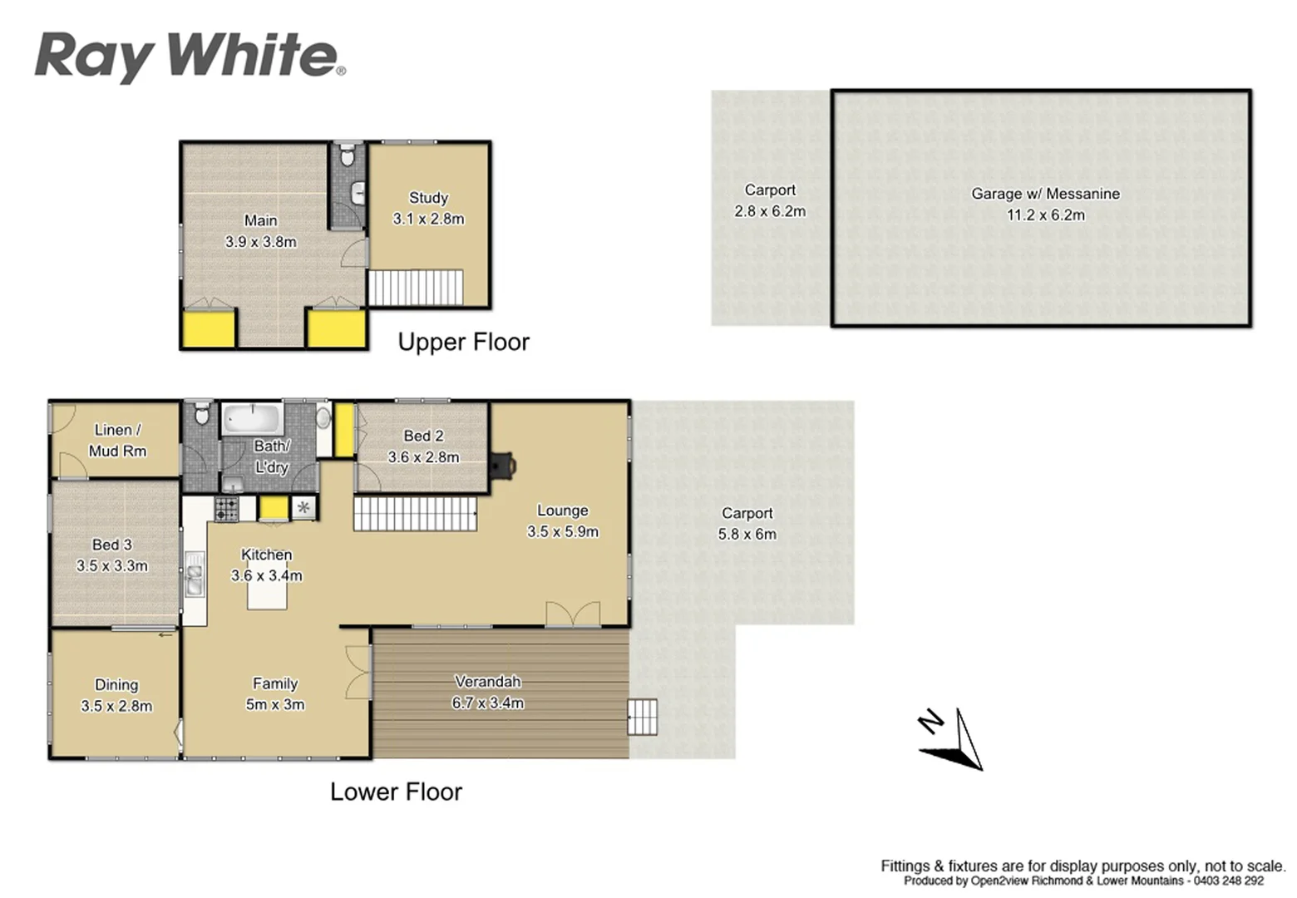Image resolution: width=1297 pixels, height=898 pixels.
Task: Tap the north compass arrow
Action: (956, 740)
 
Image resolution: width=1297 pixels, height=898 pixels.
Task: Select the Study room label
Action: (428, 198)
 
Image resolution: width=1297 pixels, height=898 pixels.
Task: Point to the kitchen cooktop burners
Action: (226, 508)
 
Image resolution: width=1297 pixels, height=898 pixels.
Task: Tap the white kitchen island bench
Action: (267, 595)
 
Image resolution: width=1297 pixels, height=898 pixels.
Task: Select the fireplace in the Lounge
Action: (502, 466)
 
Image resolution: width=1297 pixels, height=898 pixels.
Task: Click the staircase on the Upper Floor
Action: (416, 287)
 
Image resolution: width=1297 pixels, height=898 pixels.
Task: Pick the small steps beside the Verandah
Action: (642, 717)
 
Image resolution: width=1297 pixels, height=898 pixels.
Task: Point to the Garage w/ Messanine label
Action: (1045, 194)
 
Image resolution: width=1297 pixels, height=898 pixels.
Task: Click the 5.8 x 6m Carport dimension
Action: (747, 535)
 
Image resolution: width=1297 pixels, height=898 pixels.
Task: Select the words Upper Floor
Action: (463, 342)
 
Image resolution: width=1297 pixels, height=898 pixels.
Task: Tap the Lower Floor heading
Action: (396, 792)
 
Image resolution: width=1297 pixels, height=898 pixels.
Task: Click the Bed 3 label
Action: (111, 545)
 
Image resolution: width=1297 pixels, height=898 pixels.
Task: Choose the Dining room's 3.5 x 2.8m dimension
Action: (116, 706)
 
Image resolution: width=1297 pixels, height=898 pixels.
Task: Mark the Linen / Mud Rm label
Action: (117, 441)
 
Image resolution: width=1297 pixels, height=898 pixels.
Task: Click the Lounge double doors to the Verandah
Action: (572, 614)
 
